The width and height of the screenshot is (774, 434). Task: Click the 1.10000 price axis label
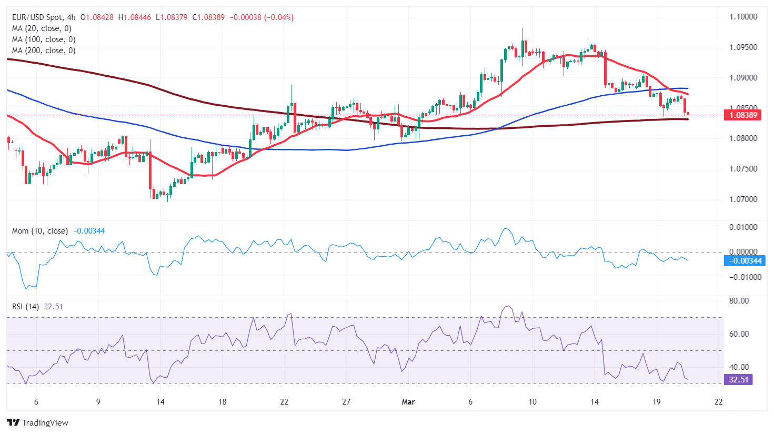(x=743, y=17)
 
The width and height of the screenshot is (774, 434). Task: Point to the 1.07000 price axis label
(x=743, y=199)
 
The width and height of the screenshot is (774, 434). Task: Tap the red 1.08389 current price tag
(x=742, y=115)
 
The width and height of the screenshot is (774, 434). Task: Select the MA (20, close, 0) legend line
(x=42, y=28)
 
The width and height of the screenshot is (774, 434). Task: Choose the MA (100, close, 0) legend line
(x=44, y=39)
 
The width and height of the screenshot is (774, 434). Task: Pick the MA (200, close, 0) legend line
(x=44, y=51)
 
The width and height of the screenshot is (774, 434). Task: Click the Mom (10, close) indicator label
(x=40, y=231)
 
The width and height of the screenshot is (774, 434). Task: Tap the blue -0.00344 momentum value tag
(x=744, y=261)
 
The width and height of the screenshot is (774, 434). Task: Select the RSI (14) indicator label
(x=25, y=307)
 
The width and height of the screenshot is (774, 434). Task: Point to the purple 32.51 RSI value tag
(x=739, y=380)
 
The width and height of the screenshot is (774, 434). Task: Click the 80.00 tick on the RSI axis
(x=739, y=301)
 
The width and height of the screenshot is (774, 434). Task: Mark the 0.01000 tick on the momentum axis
(x=743, y=227)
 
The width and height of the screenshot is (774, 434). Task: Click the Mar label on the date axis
(x=408, y=402)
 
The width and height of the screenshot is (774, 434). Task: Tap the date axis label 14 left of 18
(x=160, y=402)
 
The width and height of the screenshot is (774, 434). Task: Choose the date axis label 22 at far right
(x=718, y=402)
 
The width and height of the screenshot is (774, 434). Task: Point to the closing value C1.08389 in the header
(x=208, y=17)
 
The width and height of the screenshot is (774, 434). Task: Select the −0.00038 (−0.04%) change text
(x=262, y=17)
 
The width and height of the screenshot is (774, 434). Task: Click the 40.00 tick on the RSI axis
(x=739, y=367)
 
